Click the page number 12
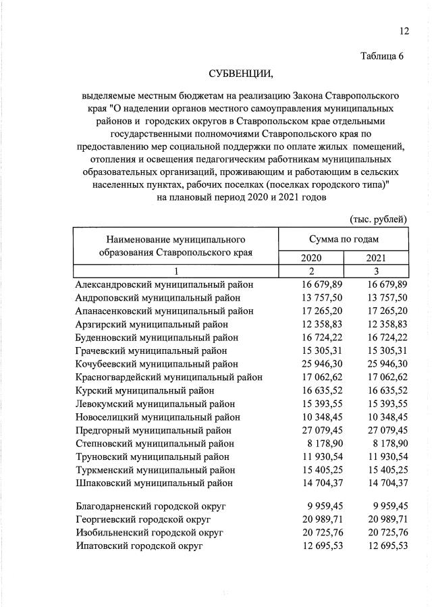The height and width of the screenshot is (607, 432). click(403, 31)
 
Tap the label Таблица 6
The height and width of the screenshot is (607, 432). click(381, 57)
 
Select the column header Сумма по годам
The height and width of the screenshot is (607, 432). click(344, 239)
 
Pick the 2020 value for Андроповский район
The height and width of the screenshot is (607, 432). click(311, 298)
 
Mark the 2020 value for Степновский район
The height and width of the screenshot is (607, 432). click(314, 444)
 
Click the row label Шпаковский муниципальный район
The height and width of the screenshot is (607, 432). click(155, 483)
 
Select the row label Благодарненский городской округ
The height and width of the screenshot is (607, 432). click(151, 505)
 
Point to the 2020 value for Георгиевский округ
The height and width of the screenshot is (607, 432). click(311, 519)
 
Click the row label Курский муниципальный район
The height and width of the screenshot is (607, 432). click(145, 390)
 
